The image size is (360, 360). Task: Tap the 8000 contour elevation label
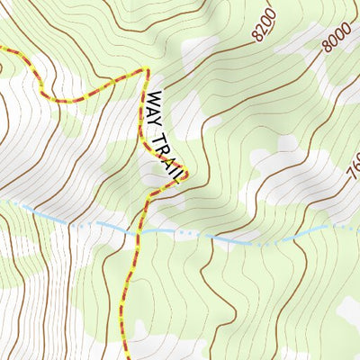click(337, 36)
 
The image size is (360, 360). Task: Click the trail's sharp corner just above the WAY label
click(145, 68)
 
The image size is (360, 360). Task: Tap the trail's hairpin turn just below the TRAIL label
click(184, 177)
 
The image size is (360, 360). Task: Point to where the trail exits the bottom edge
click(127, 357)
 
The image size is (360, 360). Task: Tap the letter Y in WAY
click(160, 121)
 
